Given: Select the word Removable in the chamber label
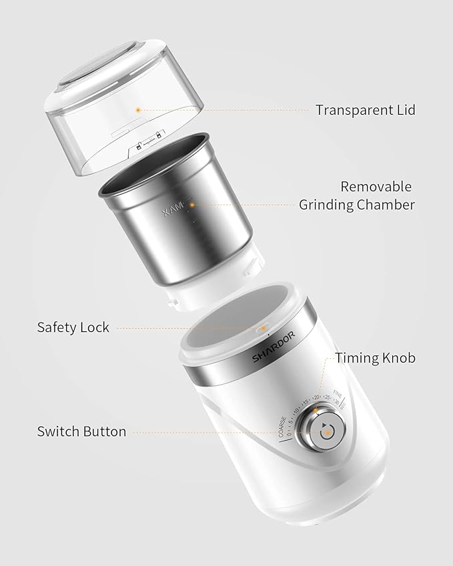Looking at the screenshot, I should coord(376,187).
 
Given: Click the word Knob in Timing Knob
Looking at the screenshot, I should coord(398,358).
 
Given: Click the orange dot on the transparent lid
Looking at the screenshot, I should coord(138,109).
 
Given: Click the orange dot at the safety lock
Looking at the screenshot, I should coord(262,328).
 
